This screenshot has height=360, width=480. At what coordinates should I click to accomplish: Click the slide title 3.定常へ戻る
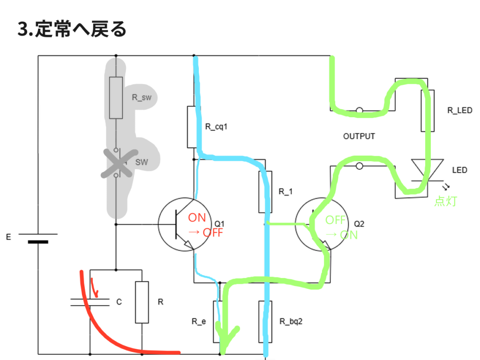tap(72, 30)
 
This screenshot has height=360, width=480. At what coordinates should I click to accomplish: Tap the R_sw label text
tap(141, 98)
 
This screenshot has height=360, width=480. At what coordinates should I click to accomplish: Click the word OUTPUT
tap(359, 136)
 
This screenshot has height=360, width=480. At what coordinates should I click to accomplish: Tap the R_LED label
tap(459, 111)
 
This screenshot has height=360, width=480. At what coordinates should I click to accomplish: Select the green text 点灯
tap(445, 202)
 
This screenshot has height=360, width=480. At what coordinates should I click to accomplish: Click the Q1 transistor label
tap(220, 224)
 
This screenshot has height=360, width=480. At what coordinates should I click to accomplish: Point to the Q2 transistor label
tap(359, 224)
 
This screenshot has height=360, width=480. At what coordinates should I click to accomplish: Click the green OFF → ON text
tap(341, 227)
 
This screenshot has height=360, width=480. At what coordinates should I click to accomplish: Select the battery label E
tap(8, 238)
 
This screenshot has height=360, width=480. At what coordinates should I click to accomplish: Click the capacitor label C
tap(119, 302)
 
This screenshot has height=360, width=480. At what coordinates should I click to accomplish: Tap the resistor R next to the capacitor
tap(142, 302)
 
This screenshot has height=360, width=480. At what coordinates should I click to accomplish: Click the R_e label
tap(198, 322)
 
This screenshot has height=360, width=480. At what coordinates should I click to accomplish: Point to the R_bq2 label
tap(291, 322)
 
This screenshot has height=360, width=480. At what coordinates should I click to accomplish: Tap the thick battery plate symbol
tap(38, 242)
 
